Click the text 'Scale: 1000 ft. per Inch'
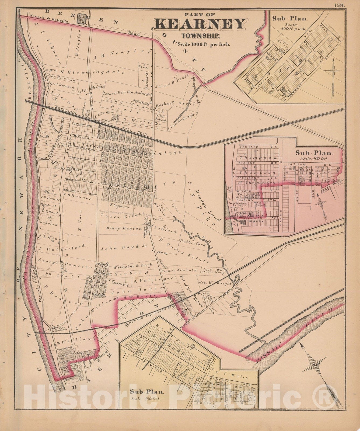(201, 44)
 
